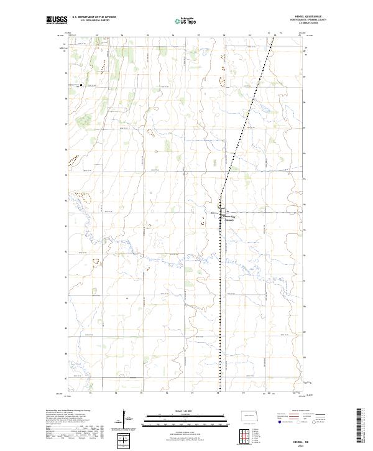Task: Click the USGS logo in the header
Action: click(x=57, y=20)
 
